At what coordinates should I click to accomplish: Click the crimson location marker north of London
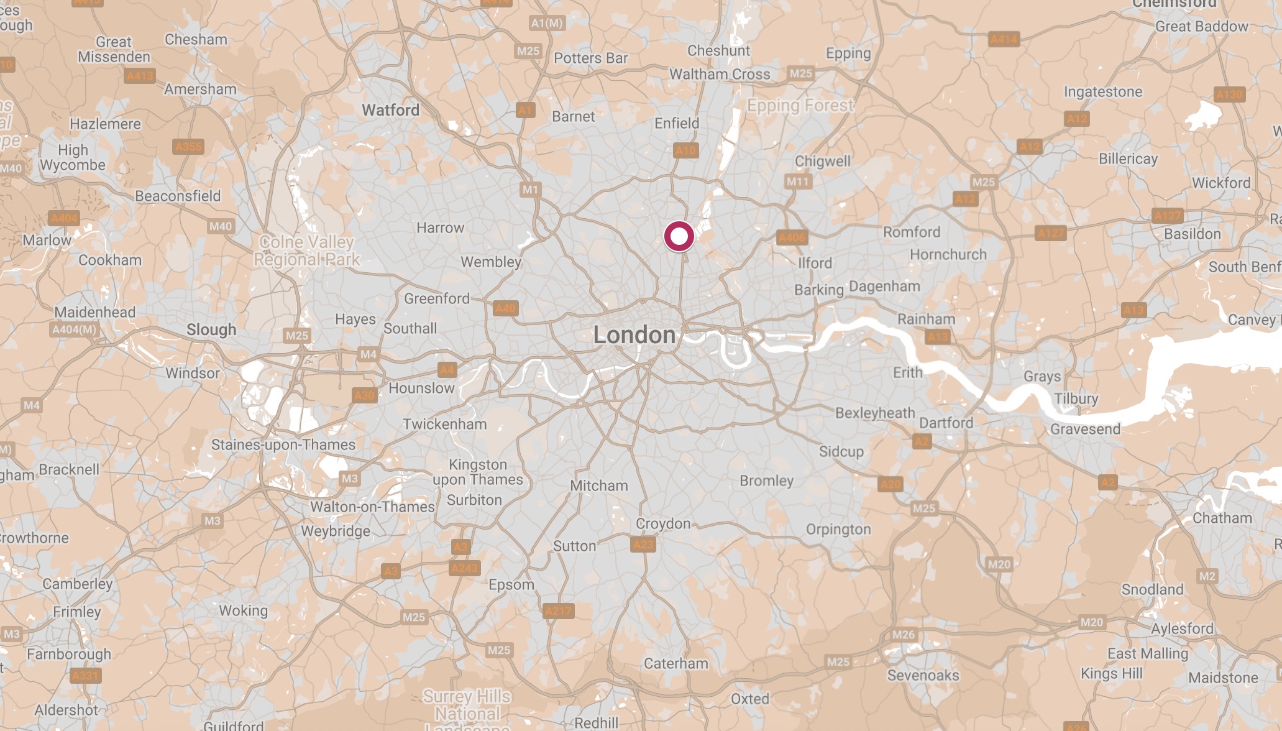(679, 236)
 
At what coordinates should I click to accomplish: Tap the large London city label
(634, 335)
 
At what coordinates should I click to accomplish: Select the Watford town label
(390, 110)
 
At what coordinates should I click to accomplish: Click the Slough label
(211, 329)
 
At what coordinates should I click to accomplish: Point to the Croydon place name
(662, 523)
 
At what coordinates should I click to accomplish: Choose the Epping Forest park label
(800, 105)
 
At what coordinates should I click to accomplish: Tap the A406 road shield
(792, 237)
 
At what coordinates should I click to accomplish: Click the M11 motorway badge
(797, 182)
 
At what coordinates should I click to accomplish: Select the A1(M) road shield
(547, 23)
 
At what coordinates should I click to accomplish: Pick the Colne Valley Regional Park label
(306, 251)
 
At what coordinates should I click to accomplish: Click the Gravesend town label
(1085, 429)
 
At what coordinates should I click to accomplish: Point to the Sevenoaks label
(923, 675)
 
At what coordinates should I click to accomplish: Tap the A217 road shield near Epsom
(558, 611)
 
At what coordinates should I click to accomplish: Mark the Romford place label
(912, 232)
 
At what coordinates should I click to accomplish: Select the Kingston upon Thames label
(477, 472)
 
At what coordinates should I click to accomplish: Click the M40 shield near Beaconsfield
(221, 226)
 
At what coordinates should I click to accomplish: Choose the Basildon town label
(1192, 234)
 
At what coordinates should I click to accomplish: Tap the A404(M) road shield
(75, 329)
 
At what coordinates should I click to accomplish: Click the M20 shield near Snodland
(1091, 622)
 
